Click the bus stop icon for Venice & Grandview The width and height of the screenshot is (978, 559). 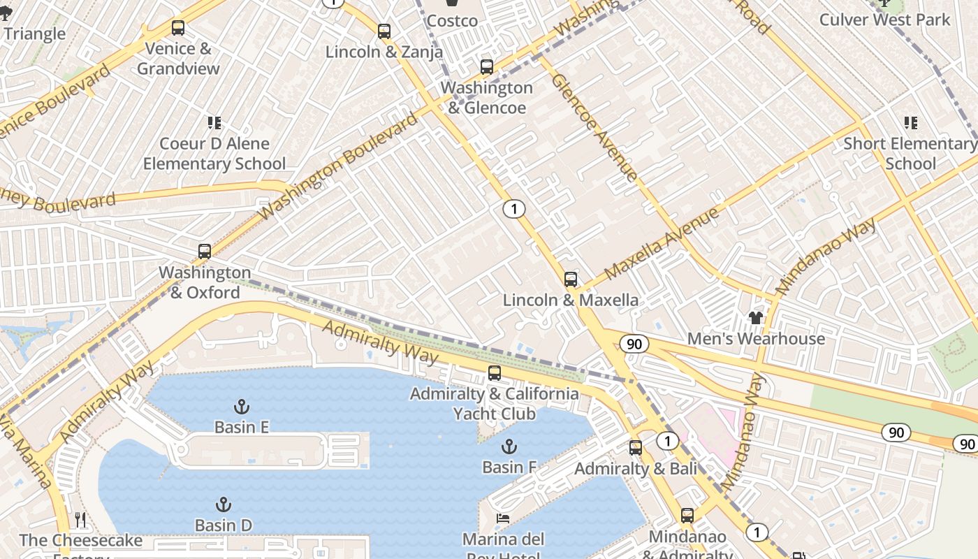[x=178, y=28]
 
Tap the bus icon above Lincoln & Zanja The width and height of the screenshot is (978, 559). [x=384, y=31]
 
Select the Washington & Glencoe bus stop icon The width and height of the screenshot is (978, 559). [x=486, y=67]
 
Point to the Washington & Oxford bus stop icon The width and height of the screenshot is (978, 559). [x=204, y=252]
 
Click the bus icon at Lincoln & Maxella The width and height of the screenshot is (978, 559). [x=570, y=279]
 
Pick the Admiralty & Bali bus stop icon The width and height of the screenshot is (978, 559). [x=635, y=448]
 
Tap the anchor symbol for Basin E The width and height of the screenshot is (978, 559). [x=242, y=407]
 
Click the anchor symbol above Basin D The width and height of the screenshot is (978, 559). [x=223, y=504]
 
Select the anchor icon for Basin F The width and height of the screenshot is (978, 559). [x=509, y=447]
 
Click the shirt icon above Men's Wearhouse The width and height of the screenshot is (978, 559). [x=755, y=318]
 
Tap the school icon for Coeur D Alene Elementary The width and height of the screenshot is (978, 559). [x=214, y=123]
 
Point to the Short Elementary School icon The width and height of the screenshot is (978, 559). [x=910, y=123]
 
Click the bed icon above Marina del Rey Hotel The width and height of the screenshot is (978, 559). [x=502, y=518]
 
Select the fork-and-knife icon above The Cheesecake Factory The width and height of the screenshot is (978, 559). [x=80, y=520]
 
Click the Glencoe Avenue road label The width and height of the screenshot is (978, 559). [x=594, y=127]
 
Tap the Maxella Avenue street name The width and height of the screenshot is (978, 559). [x=662, y=243]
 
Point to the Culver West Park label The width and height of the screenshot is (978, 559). [x=884, y=20]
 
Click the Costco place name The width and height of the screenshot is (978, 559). [x=452, y=21]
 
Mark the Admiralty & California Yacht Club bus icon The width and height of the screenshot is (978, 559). [x=495, y=373]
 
